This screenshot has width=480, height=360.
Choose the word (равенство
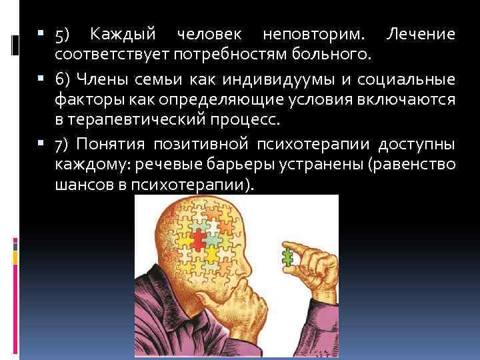pos(407,164)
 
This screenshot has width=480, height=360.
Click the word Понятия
pos(114,145)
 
